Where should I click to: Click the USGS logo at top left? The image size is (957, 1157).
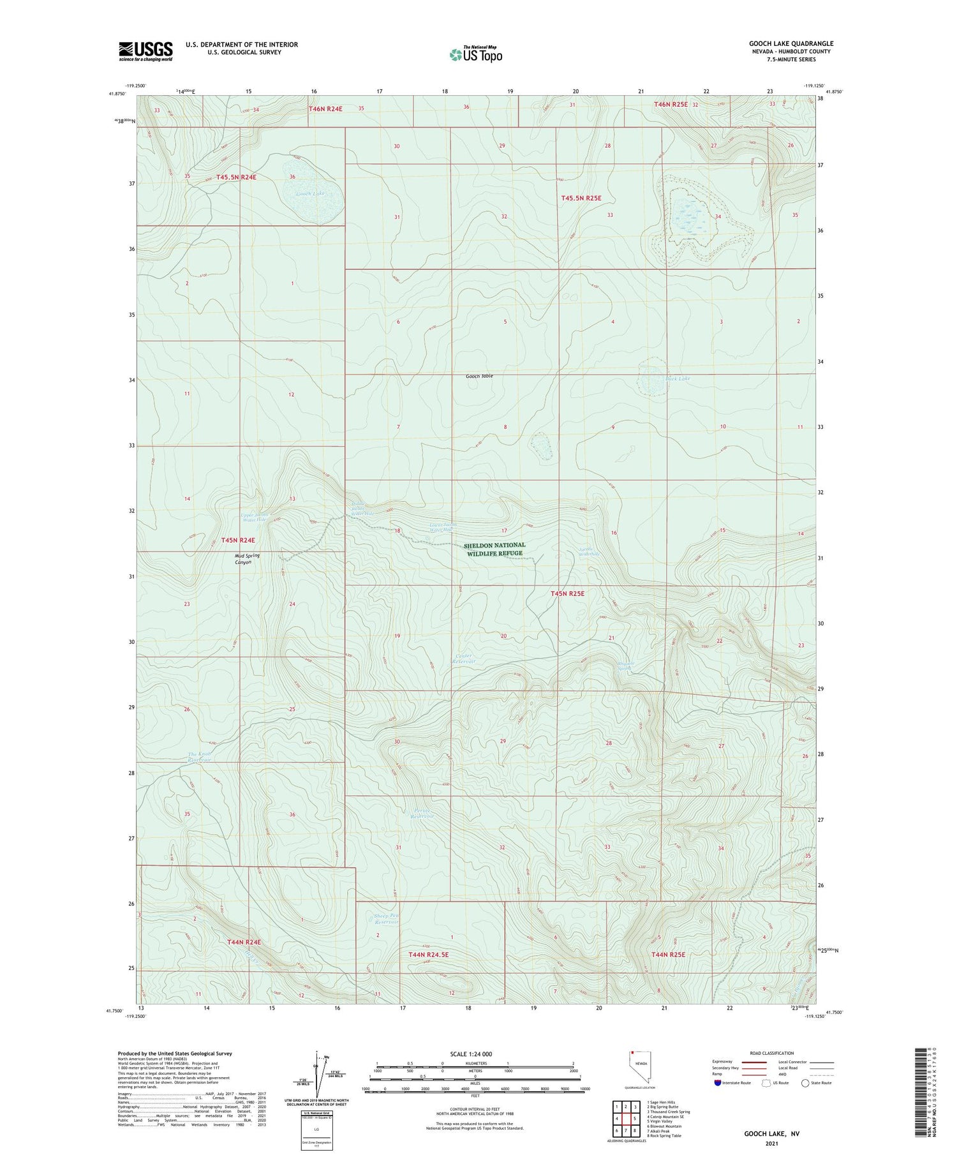point(145,51)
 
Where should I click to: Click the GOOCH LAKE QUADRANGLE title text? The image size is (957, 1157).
point(790,43)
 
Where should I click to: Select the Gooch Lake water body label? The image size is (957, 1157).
point(310,193)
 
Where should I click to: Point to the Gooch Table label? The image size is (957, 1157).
point(478,376)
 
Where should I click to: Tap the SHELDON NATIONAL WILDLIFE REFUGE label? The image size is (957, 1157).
point(494,549)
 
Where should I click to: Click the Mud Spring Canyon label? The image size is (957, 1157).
point(247,559)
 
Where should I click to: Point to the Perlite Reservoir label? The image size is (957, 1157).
point(422,813)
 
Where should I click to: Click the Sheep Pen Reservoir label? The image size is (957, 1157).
point(385,919)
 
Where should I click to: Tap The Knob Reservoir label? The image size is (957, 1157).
point(199,757)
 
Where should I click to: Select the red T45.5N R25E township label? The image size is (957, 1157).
point(581,198)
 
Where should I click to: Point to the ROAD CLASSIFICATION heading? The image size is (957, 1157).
point(772,1053)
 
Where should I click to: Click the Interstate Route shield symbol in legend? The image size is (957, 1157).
point(718,1082)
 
